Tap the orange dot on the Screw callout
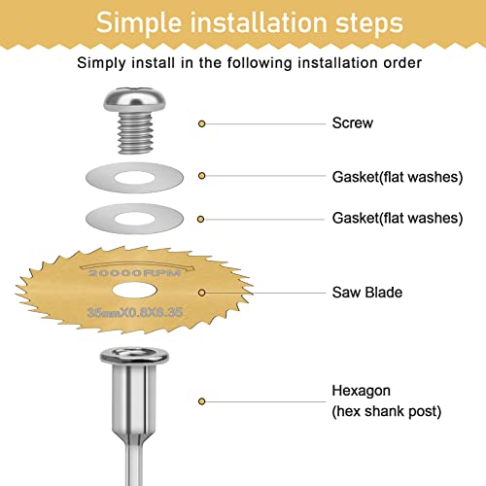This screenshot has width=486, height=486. click(201, 124)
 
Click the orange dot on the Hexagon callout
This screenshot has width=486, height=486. click(201, 400)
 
